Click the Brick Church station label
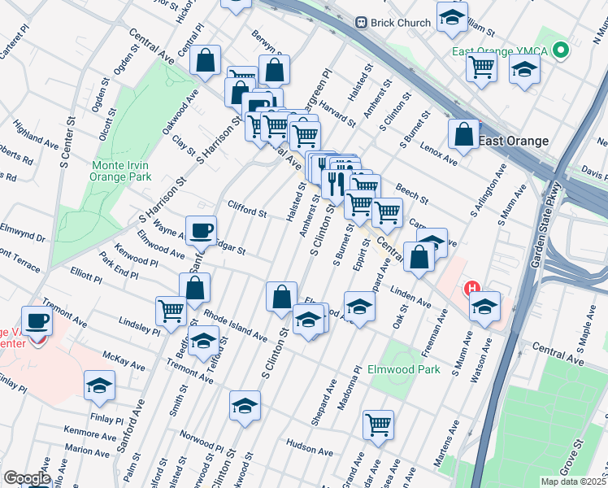[399, 23]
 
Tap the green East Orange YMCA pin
[560, 51]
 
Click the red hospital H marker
[471, 288]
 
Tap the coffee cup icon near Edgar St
[201, 230]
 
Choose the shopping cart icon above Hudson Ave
[379, 424]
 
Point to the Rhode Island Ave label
[235, 325]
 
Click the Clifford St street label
[247, 211]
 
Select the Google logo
[27, 478]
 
